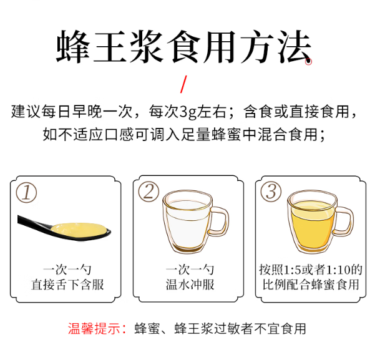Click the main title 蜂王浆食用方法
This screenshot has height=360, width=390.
[x=183, y=46]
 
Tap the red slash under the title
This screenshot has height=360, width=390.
[x=183, y=83]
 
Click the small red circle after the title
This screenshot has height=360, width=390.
[x=308, y=61]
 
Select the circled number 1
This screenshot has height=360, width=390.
[x=26, y=192]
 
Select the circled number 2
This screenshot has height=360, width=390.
[x=149, y=192]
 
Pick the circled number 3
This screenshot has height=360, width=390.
[x=270, y=192]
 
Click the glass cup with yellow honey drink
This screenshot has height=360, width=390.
[x=311, y=222]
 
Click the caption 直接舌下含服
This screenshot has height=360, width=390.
[x=67, y=285]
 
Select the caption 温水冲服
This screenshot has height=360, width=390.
[x=190, y=285]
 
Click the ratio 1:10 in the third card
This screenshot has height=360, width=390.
[x=338, y=270]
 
